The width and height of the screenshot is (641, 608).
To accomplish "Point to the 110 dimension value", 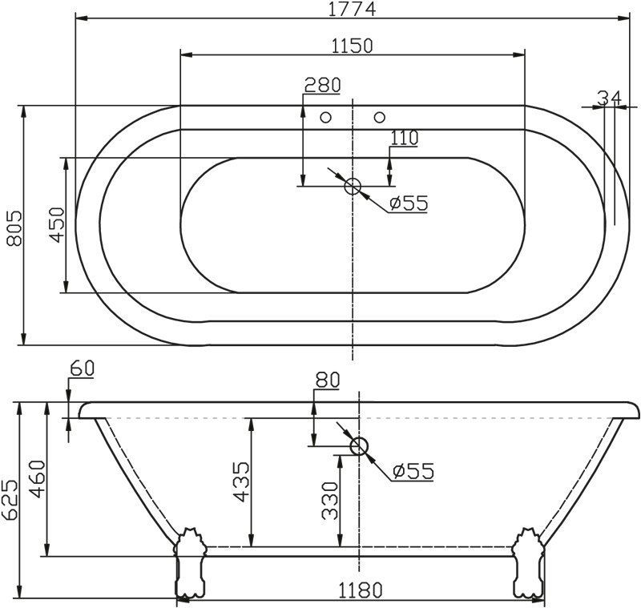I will coord(405,138).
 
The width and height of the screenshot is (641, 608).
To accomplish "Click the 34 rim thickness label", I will coord(609,97).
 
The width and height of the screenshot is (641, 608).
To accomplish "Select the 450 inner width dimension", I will coord(55,227).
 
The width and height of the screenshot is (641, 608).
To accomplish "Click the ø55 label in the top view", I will coord(408,203).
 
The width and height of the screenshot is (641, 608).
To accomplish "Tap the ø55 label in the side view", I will coord(413,471).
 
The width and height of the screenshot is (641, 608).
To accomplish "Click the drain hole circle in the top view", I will coord(353,187).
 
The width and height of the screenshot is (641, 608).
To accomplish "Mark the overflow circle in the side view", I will coord(358,446).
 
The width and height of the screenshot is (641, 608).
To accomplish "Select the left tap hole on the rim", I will coord(325,118).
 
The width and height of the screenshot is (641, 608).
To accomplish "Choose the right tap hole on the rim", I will coord(379,118).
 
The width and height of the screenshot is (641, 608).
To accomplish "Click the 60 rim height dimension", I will coord(83,368).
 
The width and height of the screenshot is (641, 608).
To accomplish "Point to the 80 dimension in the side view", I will coord(327,381).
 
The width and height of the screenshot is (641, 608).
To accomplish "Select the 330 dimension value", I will coord(329,500).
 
